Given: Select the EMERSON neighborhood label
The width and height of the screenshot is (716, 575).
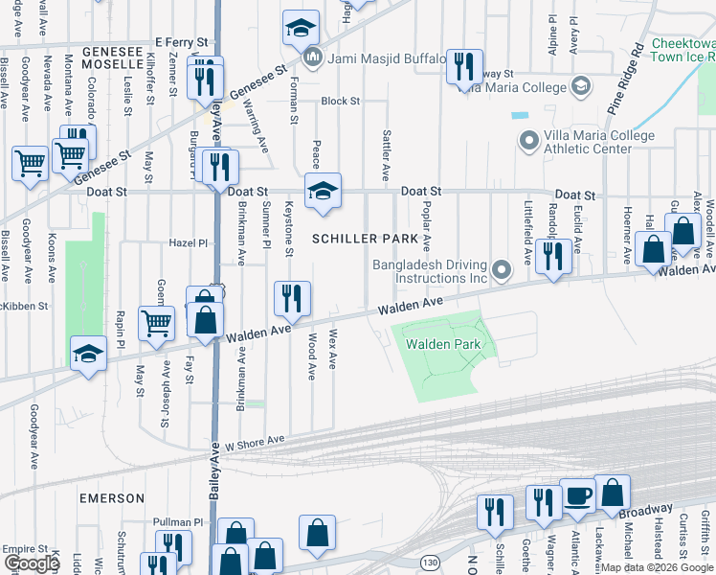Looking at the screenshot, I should pyautogui.click(x=112, y=498).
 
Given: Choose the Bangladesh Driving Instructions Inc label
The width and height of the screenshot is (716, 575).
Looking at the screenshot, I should pyautogui.click(x=431, y=270).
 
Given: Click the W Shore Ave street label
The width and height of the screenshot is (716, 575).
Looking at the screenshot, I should pyautogui.click(x=256, y=443).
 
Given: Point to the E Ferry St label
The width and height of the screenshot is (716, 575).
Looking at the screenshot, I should pyautogui.click(x=181, y=43).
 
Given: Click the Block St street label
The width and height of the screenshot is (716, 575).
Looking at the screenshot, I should pyautogui.click(x=340, y=101).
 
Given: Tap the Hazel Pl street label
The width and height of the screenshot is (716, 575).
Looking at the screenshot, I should pyautogui.click(x=189, y=243).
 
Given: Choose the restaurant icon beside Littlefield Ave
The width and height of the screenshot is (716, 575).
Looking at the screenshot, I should pyautogui.click(x=553, y=255).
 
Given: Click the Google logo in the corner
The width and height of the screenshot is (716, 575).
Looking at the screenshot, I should pyautogui.click(x=32, y=563).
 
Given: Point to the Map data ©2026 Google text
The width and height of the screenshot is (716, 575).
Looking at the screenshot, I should pyautogui.click(x=657, y=567).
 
